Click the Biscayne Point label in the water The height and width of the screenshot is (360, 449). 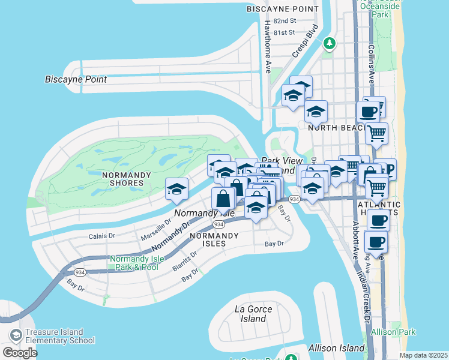[76, 79]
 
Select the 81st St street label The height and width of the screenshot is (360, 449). [284, 32]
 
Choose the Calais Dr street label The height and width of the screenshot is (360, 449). [102, 236]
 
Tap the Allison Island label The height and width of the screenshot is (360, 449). [336, 348]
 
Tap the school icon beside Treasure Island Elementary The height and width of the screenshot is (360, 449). [15, 335]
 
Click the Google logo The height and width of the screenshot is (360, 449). [20, 352]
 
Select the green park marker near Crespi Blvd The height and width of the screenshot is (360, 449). [329, 43]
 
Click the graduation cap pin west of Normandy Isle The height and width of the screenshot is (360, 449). [177, 189]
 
